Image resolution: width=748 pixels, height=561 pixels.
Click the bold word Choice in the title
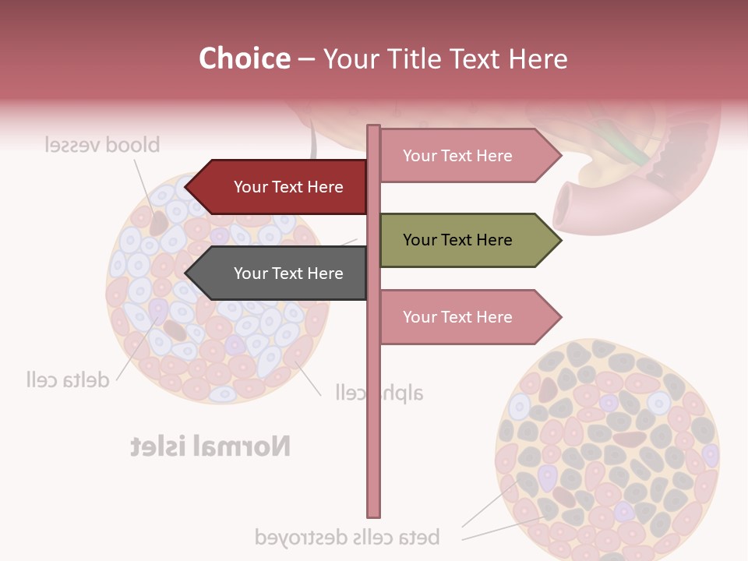click(244, 58)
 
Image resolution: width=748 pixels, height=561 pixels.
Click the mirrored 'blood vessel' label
click(102, 145)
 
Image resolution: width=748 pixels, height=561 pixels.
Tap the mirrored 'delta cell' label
click(67, 380)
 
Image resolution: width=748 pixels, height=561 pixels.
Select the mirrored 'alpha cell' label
click(379, 392)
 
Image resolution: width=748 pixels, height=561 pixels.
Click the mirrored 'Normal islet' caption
click(210, 446)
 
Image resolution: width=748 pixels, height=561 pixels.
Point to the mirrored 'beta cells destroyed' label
click(348, 537)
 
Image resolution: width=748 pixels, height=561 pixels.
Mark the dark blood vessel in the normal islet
click(159, 223)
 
